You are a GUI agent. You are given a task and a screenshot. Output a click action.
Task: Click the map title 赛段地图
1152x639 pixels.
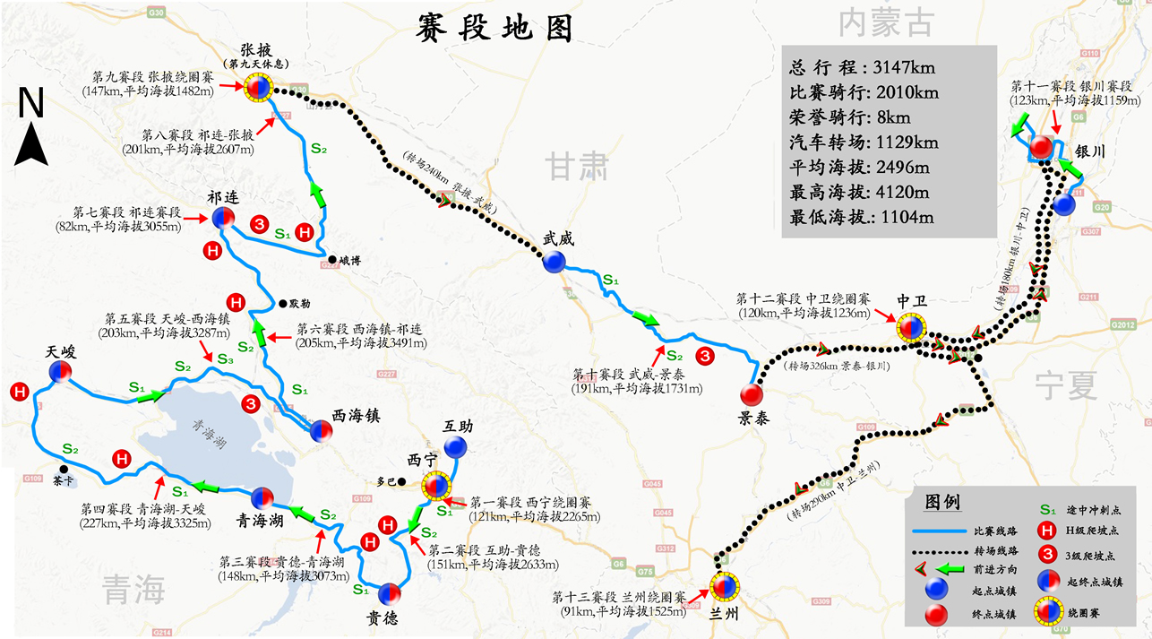coord(494,30)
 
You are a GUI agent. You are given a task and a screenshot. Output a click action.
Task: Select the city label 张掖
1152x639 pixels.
coord(255,50)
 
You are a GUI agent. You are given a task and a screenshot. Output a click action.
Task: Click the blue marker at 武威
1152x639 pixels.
coord(554,261)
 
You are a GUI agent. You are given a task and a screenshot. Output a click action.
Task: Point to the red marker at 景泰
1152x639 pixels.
coord(752,394)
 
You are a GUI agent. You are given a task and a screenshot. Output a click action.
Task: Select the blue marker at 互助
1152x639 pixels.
coord(456,446)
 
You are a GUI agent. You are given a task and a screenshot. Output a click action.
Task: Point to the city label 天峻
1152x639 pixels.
coord(61,352)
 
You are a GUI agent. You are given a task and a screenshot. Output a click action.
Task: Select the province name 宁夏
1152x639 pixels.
coord(1066,385)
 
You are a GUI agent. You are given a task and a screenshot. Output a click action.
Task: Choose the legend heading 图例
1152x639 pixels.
coord(942,500)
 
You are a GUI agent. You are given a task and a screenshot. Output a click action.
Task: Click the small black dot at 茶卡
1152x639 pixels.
coord(63,469)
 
